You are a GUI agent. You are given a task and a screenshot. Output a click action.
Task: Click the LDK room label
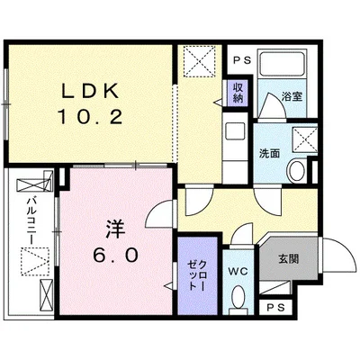90,90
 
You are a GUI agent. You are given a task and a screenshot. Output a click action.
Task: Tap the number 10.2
90,117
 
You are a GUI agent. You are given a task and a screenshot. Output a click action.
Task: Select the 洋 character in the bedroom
115,229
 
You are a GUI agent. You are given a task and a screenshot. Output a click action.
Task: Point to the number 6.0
115,256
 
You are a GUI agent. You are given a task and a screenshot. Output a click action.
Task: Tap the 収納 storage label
238,93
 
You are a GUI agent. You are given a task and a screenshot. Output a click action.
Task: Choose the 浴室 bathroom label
292,96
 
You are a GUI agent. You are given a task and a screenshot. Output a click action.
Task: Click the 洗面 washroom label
269,153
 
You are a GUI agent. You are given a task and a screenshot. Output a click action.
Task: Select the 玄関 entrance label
289,258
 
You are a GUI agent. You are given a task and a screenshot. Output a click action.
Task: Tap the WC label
238,272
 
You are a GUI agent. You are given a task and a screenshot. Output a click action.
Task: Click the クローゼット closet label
197,275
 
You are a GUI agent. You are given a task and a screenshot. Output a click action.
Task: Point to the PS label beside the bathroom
242,60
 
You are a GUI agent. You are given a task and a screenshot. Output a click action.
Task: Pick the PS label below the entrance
275,308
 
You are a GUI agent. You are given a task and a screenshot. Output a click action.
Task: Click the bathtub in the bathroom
282,64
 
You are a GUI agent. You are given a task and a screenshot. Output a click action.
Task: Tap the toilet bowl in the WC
238,296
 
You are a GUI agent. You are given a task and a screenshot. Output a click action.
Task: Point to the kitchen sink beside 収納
235,130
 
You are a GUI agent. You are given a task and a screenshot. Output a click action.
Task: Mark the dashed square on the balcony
35,261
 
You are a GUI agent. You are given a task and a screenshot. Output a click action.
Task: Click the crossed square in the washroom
305,140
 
